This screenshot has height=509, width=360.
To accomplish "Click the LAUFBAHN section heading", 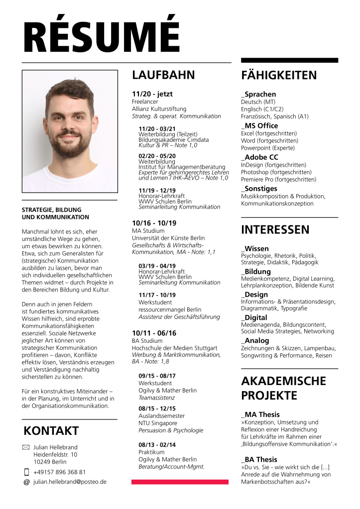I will click(163, 75).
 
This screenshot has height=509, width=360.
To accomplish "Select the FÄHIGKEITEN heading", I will click(279, 75).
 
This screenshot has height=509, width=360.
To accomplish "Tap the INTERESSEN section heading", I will click(275, 229).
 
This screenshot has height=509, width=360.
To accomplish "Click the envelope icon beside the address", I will click(26, 447).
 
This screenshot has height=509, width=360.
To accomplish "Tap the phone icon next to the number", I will click(26, 472).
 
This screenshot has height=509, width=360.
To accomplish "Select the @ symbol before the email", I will click(26, 482).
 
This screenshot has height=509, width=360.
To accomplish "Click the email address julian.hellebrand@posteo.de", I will click(70, 482).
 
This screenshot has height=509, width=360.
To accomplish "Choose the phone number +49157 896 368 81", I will click(60, 472).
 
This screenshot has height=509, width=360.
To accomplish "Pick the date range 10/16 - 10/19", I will click(154, 223).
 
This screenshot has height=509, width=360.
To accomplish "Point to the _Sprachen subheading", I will click(258, 94).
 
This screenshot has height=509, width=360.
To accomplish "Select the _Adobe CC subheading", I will click(259, 157).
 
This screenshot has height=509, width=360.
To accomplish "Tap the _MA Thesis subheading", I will click(260, 414).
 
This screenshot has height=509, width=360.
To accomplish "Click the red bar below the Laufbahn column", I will click(180, 482).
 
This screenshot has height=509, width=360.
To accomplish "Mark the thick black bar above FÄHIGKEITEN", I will click(289, 60).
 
